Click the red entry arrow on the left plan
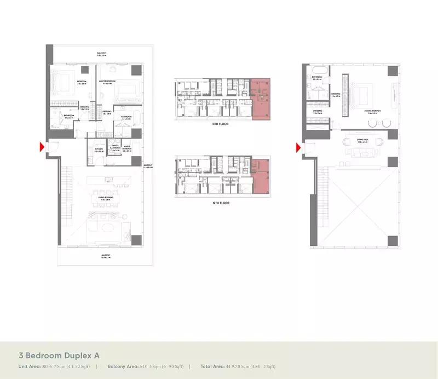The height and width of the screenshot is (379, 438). pos(42,147)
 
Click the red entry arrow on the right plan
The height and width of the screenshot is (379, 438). pos(298,147)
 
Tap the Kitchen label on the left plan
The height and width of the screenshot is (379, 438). pos(99,149)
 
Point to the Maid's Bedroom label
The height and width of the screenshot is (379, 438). pos(126,148)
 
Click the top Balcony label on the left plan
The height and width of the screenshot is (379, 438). pos(102,54)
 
